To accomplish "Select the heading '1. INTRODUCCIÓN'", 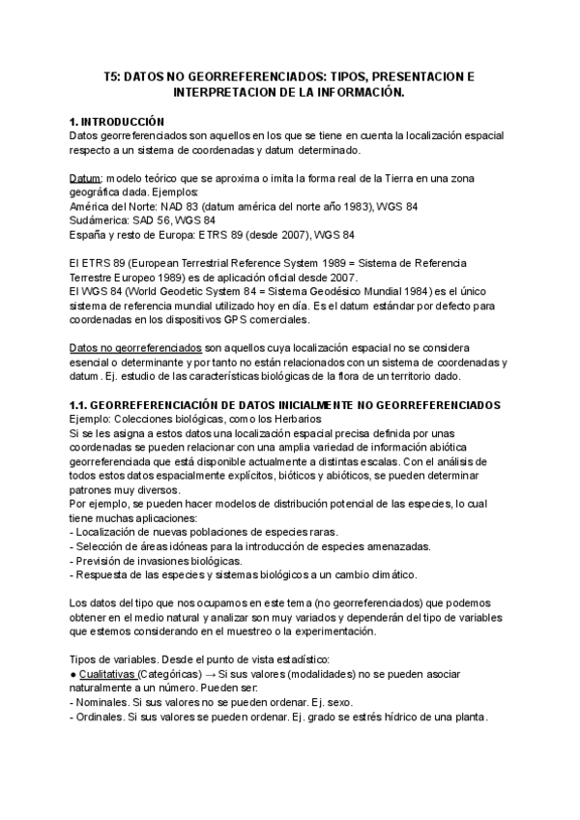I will click(x=118, y=123).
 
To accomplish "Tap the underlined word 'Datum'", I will click(x=85, y=179).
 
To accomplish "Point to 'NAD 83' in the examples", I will click(x=168, y=206).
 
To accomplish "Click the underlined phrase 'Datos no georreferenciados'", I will click(x=135, y=347).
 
